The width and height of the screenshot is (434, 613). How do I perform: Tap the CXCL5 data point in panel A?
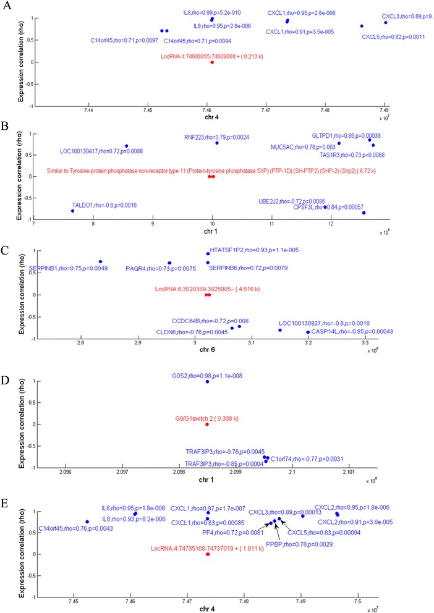click(x=362, y=26)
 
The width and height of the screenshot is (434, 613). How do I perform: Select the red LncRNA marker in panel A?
click(x=212, y=62)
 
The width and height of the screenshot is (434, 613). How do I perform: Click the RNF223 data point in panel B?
click(x=217, y=143)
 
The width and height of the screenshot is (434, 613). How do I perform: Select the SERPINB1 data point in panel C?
click(x=100, y=261)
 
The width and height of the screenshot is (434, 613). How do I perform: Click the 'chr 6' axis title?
click(x=212, y=352)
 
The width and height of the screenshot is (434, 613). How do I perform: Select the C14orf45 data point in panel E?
click(x=87, y=522)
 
